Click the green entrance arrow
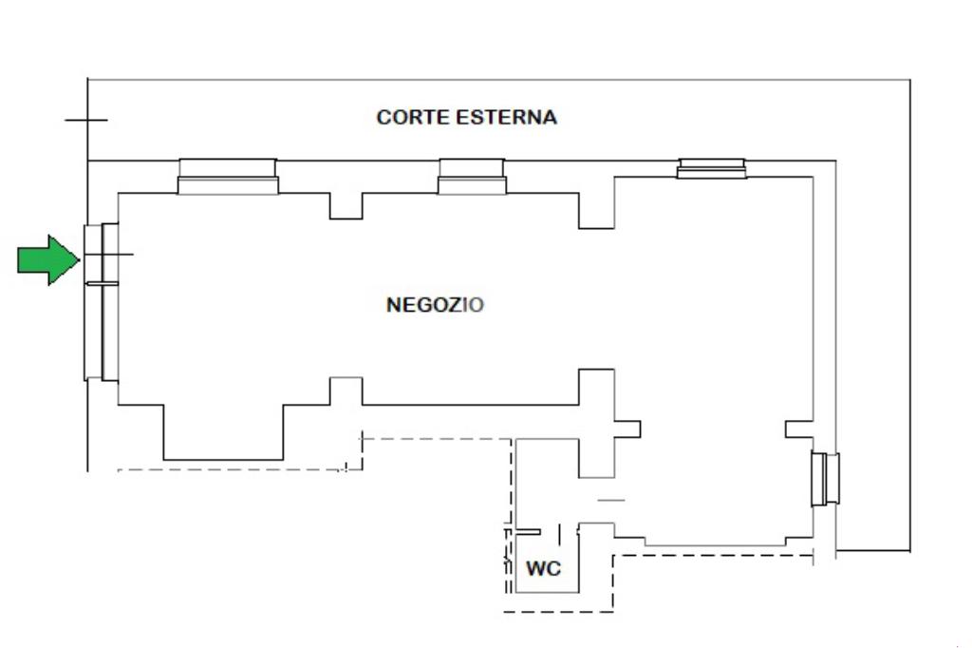pos(48,260)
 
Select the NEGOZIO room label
pos(435,305)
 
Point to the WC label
pos(543,568)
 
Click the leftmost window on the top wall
pos(228,177)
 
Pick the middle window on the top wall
pos(472,177)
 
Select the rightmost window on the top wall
pos(712,168)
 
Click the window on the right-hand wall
pos(826,479)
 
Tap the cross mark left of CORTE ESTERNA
pos(86,120)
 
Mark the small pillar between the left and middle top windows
pos(346,206)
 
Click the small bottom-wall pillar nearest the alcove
pos(346,391)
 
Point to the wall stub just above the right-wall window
pos(799,429)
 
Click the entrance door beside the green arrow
pos(101,254)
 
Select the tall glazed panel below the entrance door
pos(101,332)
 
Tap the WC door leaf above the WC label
pos(528,532)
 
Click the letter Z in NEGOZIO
pos(455,305)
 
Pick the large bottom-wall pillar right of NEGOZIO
pos(596,424)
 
